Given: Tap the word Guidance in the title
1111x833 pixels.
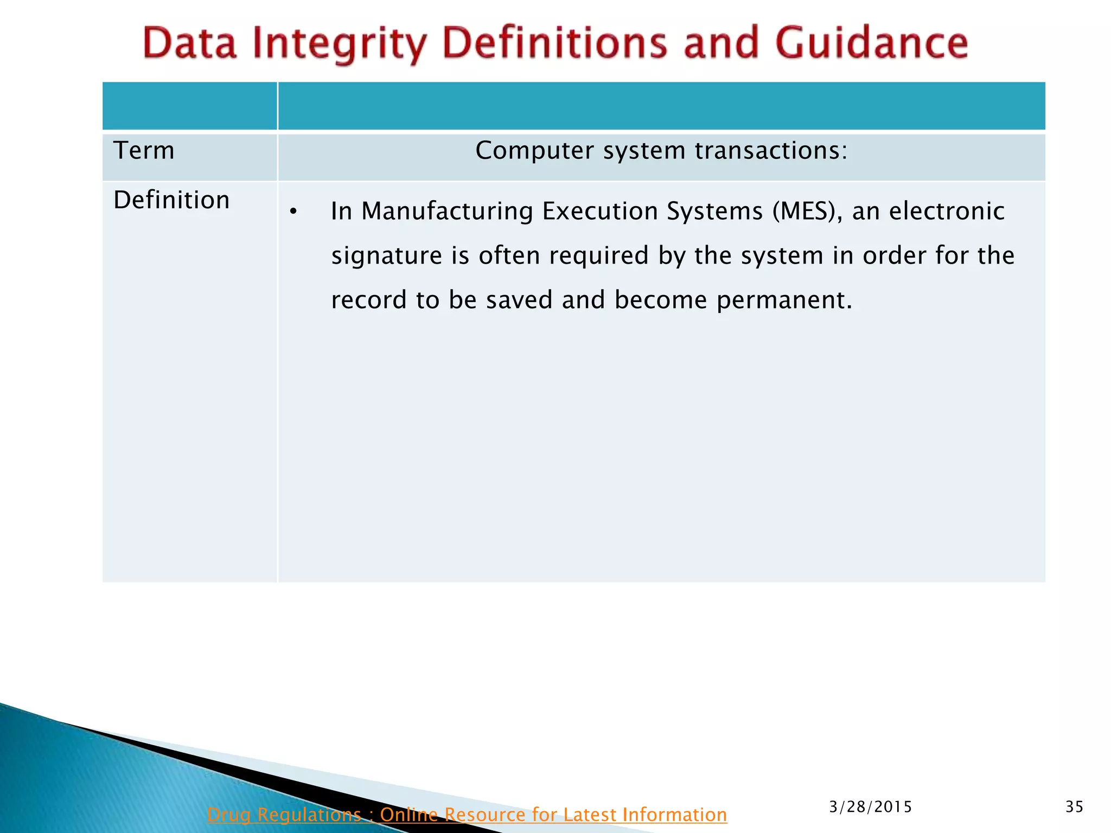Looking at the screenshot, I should click(x=871, y=43).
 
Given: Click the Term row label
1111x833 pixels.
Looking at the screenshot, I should click(x=144, y=151).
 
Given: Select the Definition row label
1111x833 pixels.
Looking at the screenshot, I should click(x=171, y=200).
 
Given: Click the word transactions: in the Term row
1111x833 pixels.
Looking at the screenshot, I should click(x=771, y=151).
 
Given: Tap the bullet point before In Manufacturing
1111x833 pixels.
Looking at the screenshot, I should click(x=293, y=212).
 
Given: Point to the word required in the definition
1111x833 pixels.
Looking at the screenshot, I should click(x=598, y=256).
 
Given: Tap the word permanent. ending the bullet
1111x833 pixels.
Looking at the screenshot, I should click(x=784, y=300).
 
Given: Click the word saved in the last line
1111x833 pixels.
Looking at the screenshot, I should click(x=519, y=300).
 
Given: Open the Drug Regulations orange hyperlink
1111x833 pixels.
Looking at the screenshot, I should click(x=467, y=815).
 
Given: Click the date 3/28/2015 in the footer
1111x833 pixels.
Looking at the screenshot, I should click(x=871, y=807).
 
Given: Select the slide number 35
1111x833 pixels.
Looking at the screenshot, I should click(x=1074, y=807).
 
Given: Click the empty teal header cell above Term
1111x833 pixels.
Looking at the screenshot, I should click(x=189, y=106).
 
